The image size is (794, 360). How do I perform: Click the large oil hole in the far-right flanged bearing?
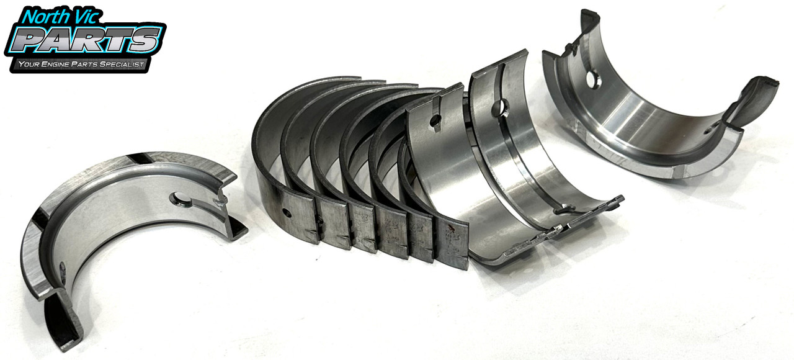point(593,80)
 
